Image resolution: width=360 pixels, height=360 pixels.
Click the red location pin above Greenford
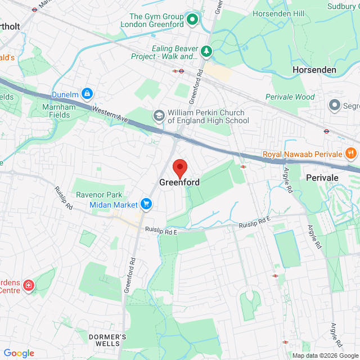pos(179,168)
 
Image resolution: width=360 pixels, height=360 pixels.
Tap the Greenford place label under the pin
pos(179,183)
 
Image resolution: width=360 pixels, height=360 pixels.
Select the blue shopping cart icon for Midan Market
pos(147,204)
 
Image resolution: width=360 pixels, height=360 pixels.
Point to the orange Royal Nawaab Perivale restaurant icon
pos(350,154)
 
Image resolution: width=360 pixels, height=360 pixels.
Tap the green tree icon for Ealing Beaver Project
pos(207,52)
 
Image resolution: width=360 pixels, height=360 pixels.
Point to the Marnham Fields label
pos(56,111)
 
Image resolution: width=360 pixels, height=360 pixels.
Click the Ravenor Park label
pos(99,195)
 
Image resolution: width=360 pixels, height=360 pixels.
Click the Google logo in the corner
pos(19,353)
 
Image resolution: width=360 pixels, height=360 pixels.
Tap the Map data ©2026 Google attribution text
pos(325,355)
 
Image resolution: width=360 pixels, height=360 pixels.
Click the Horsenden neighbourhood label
pos(314,70)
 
